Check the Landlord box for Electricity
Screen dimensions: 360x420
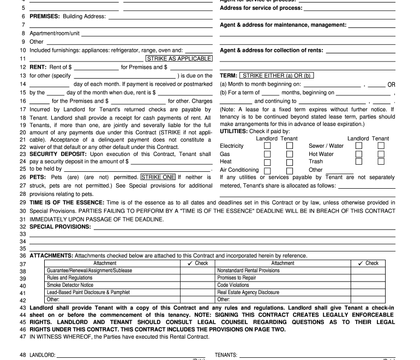267,146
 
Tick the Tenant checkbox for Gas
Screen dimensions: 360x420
290,154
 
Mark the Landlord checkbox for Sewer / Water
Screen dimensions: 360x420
359,146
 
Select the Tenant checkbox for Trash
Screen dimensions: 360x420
381,161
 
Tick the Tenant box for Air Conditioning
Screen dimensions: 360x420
290,170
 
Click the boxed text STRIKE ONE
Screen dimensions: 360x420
158,177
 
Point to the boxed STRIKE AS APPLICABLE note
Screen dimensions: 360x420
178,58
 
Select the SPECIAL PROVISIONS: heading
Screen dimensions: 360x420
61,226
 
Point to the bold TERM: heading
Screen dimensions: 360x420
229,75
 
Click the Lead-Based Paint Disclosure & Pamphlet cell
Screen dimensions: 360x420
88,292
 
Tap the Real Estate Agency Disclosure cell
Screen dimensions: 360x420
248,292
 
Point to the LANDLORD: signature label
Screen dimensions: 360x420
43,355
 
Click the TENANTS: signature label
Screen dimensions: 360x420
226,355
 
